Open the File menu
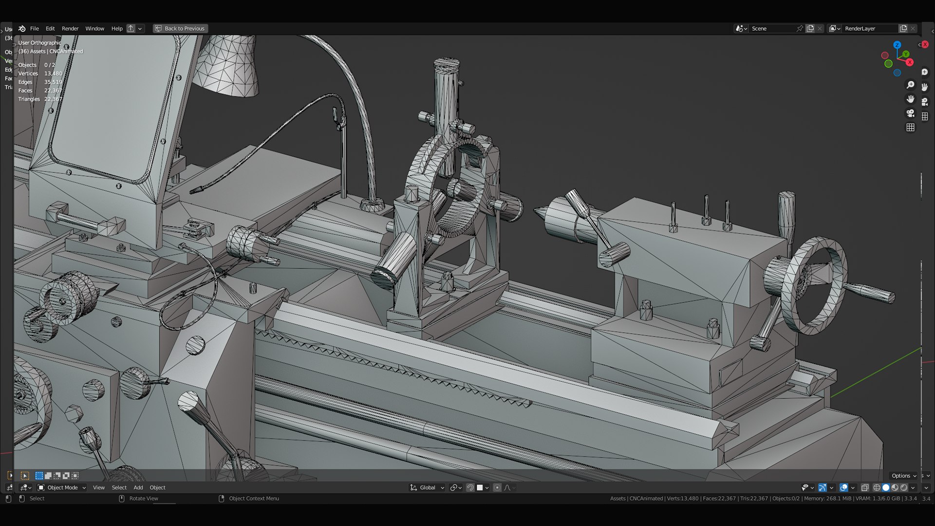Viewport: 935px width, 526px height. (34, 29)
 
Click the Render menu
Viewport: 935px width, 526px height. (70, 29)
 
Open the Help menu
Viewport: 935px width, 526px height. (117, 29)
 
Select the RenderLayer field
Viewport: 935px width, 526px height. (869, 29)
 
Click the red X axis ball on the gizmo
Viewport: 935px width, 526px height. (909, 62)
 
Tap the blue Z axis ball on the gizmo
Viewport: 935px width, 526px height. (897, 45)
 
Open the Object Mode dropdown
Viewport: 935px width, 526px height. (62, 488)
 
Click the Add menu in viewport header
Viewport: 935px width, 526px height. (138, 488)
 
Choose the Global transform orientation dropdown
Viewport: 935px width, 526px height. (428, 488)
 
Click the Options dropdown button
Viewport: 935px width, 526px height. (904, 476)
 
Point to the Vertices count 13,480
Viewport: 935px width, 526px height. (53, 74)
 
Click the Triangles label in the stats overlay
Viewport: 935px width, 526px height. (29, 99)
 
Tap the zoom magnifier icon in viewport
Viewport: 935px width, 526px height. (910, 85)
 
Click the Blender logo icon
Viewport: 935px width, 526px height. (22, 29)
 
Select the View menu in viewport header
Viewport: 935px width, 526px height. (98, 488)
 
